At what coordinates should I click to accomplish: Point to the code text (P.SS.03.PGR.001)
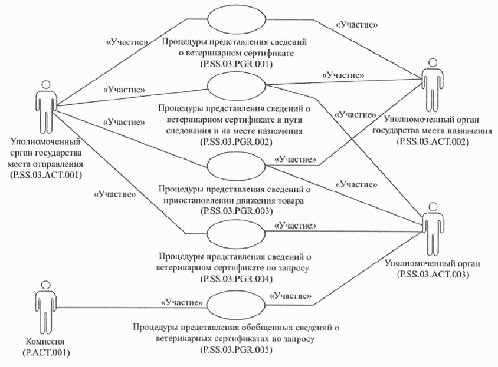coord(236,64)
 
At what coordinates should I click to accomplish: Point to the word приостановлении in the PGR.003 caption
coord(195,200)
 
